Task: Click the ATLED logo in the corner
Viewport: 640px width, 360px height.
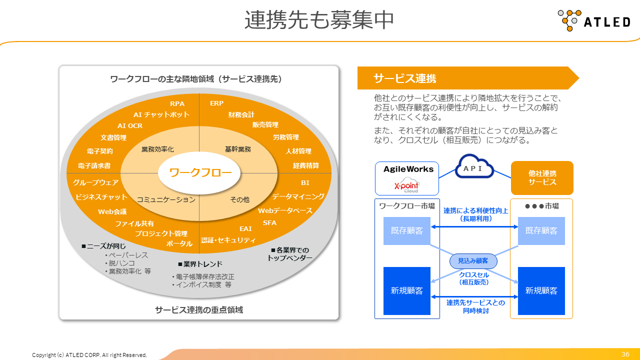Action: click(x=594, y=21)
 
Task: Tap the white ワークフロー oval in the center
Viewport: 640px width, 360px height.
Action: click(x=200, y=173)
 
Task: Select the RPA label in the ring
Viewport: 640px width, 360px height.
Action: click(x=177, y=103)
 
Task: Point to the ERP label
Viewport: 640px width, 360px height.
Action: click(x=217, y=103)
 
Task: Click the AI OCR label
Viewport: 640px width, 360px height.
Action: click(x=130, y=126)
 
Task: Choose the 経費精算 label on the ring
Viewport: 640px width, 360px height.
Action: click(x=306, y=165)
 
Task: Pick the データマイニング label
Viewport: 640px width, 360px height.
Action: click(x=298, y=196)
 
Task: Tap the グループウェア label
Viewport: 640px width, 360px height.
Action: click(x=96, y=182)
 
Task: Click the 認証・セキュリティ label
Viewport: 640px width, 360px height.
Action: click(x=228, y=240)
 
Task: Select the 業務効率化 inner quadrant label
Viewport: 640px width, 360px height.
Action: click(x=157, y=149)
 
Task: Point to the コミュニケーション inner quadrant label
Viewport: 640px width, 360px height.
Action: click(x=166, y=199)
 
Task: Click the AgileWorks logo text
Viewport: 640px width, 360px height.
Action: click(x=408, y=169)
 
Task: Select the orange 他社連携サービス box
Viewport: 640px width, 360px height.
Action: click(x=542, y=178)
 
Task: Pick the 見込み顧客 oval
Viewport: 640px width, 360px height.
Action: click(x=473, y=260)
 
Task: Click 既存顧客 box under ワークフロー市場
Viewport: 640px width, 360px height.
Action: click(x=407, y=231)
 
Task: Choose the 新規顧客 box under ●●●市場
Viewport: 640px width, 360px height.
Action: click(x=541, y=290)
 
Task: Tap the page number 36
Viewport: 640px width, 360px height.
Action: click(x=625, y=354)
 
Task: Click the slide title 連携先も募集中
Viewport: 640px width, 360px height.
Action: click(x=319, y=20)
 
